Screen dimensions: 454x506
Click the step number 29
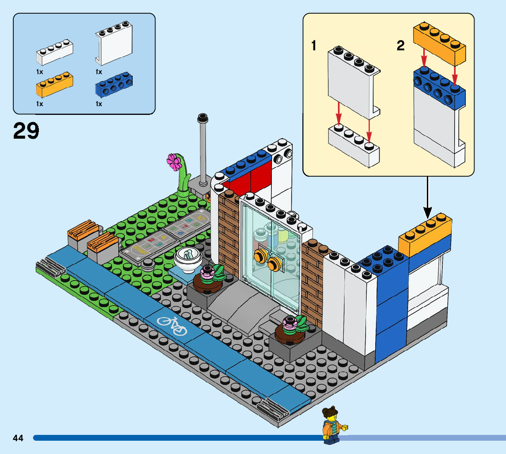26,131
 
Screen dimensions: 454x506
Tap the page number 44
18,438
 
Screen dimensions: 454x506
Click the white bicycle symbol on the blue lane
172,325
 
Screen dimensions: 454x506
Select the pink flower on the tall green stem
173,162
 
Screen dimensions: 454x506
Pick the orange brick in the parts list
54,85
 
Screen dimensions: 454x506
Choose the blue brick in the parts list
113,84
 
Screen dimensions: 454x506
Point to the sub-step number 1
314,46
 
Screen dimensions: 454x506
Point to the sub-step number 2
401,46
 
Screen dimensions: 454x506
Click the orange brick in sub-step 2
439,44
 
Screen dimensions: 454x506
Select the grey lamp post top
201,119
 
